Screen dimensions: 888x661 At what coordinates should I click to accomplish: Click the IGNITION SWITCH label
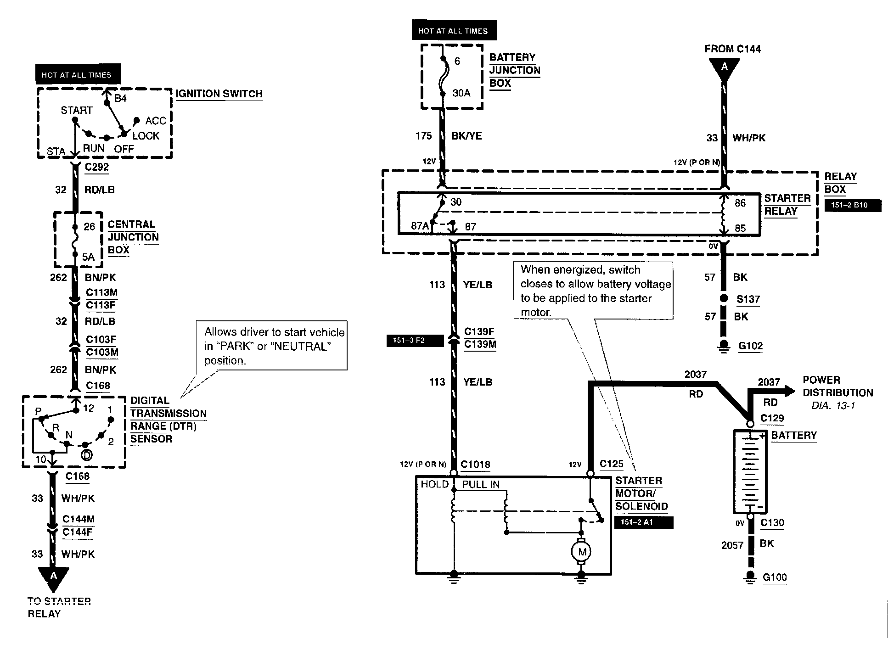coord(219,94)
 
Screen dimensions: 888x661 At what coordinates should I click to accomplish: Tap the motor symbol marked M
coord(582,551)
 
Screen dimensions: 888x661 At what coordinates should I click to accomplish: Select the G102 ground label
coord(750,346)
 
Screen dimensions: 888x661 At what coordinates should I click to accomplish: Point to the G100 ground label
coord(775,577)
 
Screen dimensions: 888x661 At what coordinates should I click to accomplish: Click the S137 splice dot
coord(724,298)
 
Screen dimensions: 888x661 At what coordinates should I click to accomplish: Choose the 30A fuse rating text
coord(461,93)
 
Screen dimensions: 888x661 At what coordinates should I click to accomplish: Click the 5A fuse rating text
coord(88,257)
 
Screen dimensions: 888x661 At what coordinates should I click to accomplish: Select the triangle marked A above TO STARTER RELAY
coord(54,578)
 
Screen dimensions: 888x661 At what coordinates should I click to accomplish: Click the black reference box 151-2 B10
coord(853,205)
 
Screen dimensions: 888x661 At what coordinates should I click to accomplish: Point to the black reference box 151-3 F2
coord(415,341)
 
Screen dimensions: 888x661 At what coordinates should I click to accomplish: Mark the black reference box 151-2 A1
coord(644,522)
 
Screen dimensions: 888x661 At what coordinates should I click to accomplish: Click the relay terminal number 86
coord(740,203)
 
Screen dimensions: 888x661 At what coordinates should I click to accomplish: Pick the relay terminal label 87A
coord(420,226)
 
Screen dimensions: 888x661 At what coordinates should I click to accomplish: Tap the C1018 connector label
coord(475,465)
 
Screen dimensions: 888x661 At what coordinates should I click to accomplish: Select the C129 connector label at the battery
coord(772,418)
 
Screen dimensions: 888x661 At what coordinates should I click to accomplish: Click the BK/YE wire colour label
coord(466,136)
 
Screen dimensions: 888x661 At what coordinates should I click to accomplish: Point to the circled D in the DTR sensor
coord(86,454)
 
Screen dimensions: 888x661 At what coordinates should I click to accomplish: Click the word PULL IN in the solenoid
coord(481,484)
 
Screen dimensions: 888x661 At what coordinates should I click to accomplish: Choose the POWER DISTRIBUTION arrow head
coord(789,391)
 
